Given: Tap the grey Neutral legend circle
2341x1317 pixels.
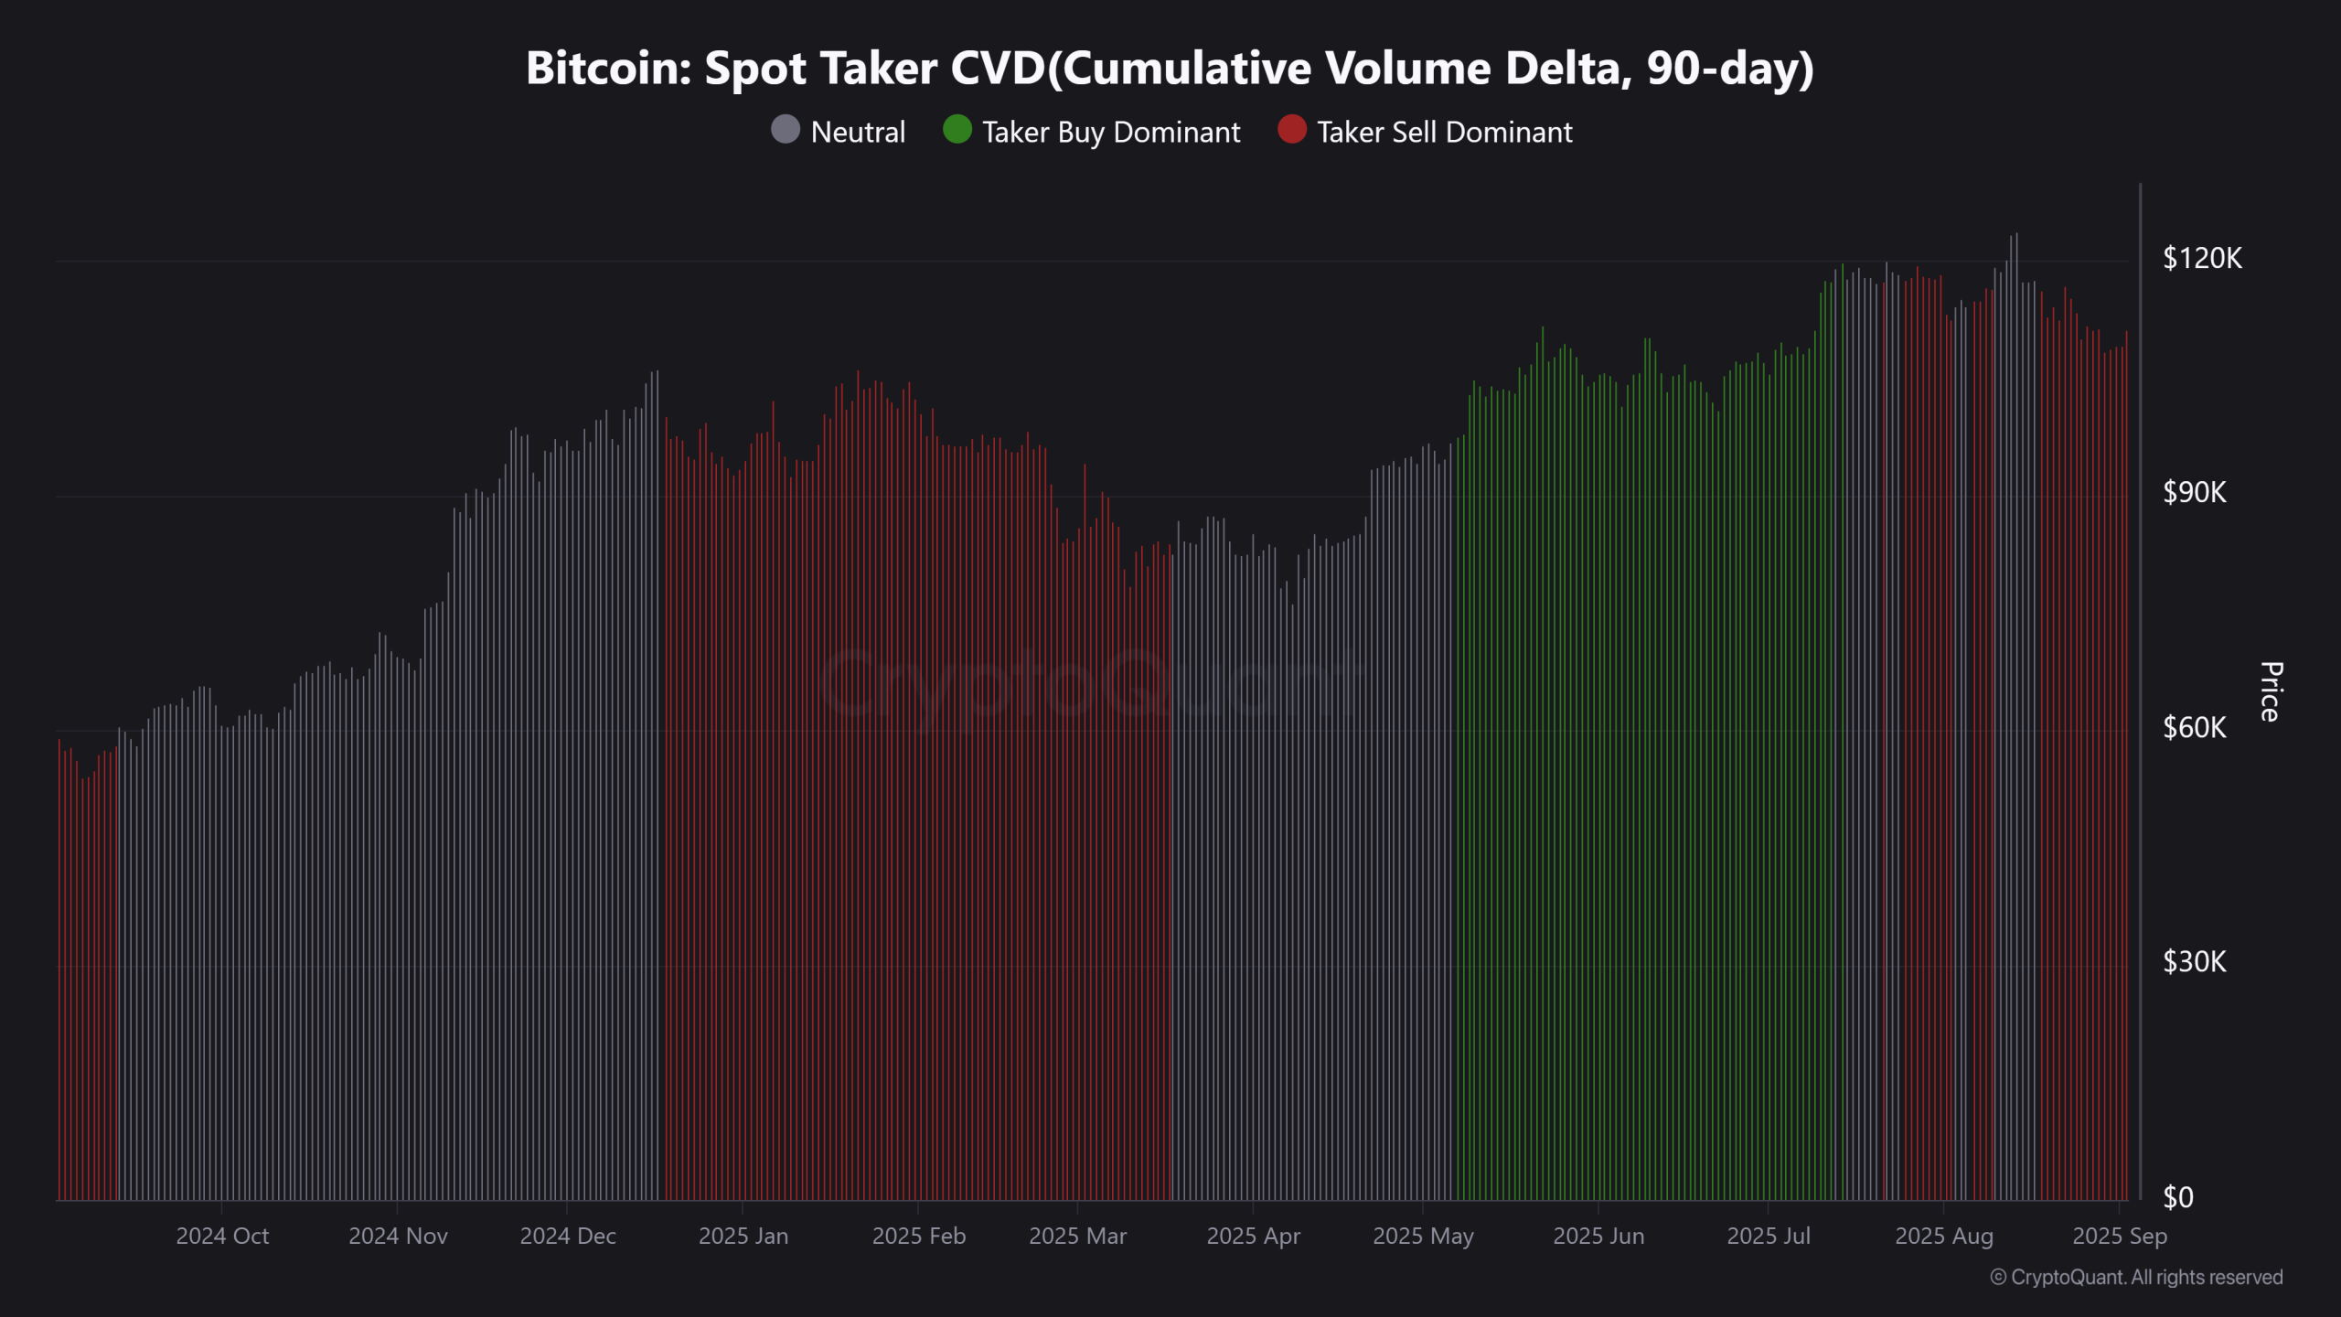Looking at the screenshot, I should (x=786, y=130).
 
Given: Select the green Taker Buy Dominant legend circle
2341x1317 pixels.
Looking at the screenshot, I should (x=957, y=130).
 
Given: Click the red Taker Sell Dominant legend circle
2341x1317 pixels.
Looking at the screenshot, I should (x=1291, y=130).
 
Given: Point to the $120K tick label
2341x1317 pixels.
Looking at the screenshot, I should (x=2202, y=258).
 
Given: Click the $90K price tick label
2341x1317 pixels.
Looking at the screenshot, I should (x=2194, y=493).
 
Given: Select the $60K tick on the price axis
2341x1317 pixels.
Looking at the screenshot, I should (x=2194, y=728).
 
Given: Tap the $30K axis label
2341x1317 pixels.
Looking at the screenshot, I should (x=2194, y=962).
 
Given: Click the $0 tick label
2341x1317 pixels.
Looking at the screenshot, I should (x=2178, y=1197).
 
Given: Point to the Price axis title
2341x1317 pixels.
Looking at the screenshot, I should (x=2271, y=691).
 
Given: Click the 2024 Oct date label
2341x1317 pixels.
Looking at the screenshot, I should (x=222, y=1237).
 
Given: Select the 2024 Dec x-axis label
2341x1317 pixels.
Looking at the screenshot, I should (x=568, y=1237).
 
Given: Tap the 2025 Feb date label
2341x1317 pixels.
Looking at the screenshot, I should (x=918, y=1237).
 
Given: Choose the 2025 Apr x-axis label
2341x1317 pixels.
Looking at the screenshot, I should (x=1253, y=1237).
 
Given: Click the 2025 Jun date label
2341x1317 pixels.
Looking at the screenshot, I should (x=1598, y=1237).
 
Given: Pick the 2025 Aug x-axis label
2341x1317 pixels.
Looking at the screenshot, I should (x=1943, y=1237).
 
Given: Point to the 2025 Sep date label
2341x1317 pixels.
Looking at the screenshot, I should (x=2119, y=1237).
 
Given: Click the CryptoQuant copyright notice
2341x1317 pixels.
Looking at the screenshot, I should (x=2136, y=1278).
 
